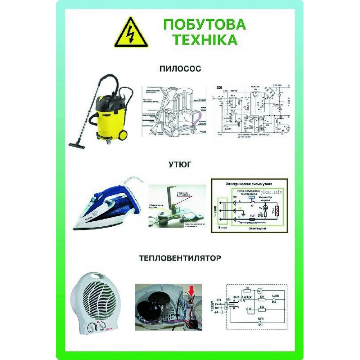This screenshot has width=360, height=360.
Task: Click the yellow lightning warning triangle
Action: point(131,33)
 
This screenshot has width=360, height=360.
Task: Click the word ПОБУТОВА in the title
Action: point(204,24)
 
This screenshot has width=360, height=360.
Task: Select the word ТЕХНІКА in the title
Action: point(204,40)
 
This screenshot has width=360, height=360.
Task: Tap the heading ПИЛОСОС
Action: point(180,68)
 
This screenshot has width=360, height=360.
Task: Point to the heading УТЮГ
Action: point(180,165)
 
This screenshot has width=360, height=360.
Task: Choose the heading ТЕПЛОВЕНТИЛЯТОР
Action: point(180,258)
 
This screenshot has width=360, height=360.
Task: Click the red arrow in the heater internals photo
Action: point(191,288)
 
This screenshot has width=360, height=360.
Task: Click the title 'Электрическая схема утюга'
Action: point(248,183)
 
